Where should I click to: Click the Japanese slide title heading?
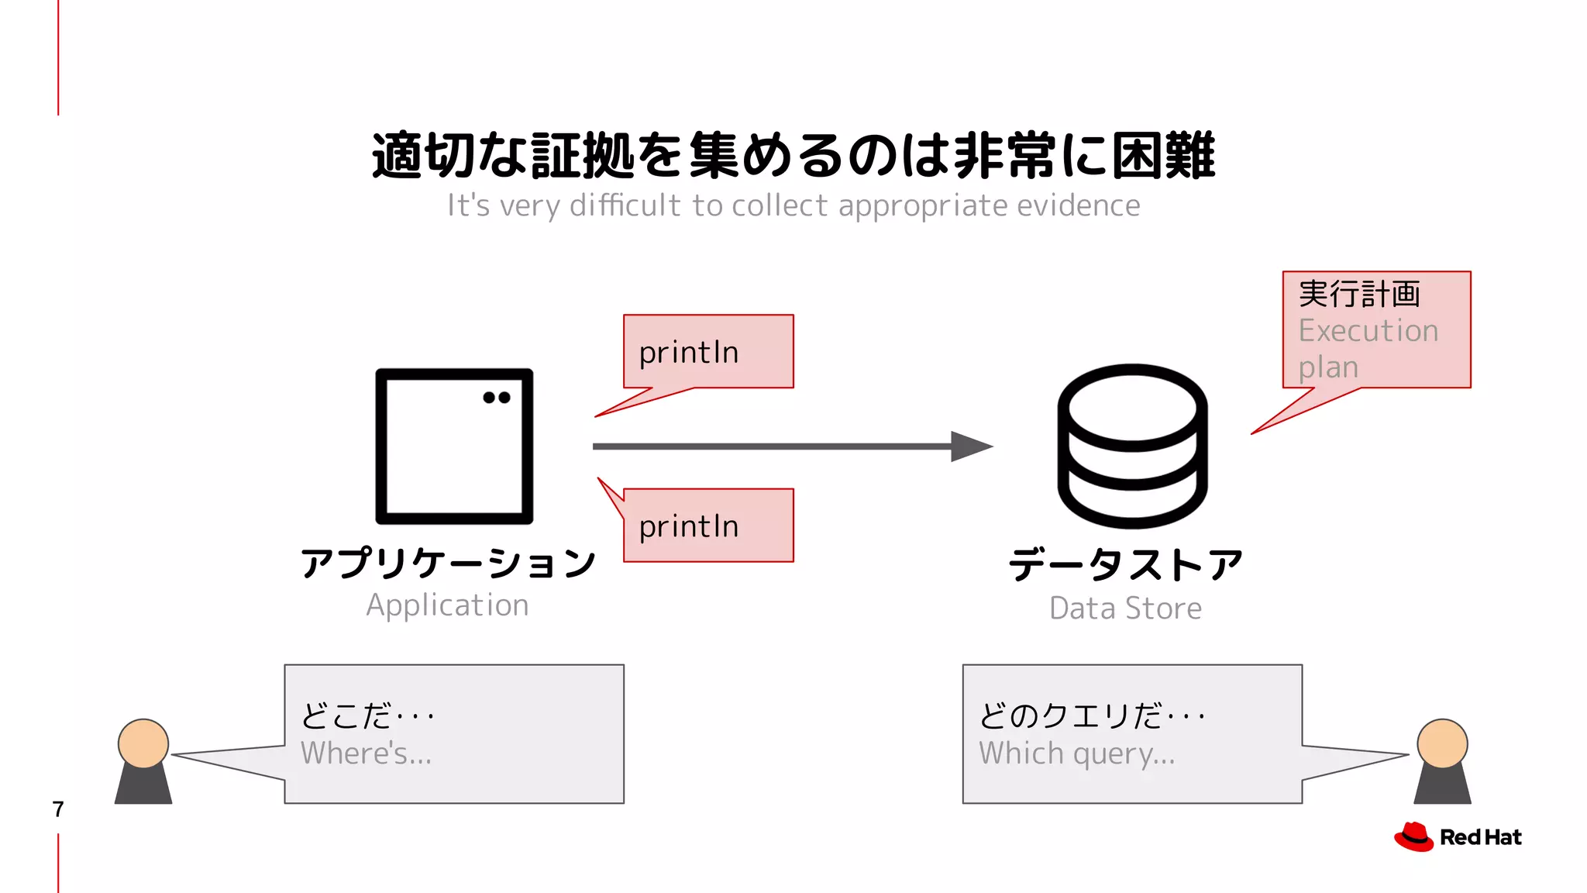pyautogui.click(x=793, y=155)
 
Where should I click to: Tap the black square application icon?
pyautogui.click(x=454, y=446)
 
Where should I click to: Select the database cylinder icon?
pyautogui.click(x=1132, y=446)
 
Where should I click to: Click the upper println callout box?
pyautogui.click(x=708, y=351)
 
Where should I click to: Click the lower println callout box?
pyautogui.click(x=708, y=526)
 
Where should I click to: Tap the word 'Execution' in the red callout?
pyautogui.click(x=1368, y=331)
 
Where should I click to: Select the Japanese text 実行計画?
pyautogui.click(x=1359, y=295)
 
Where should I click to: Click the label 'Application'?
pyautogui.click(x=448, y=605)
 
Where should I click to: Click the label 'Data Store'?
pyautogui.click(x=1125, y=609)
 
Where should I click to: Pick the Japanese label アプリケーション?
pyautogui.click(x=448, y=563)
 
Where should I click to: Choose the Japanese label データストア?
pyautogui.click(x=1125, y=564)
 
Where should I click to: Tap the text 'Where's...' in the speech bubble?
pyautogui.click(x=366, y=753)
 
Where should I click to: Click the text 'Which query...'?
pyautogui.click(x=1076, y=753)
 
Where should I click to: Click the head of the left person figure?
pyautogui.click(x=143, y=743)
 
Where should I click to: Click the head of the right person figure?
pyautogui.click(x=1442, y=743)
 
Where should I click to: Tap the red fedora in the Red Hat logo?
pyautogui.click(x=1414, y=836)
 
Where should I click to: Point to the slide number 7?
pyautogui.click(x=58, y=809)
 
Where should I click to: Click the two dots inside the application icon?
pyautogui.click(x=497, y=398)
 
